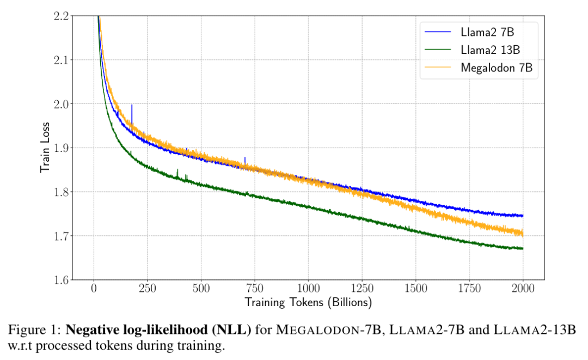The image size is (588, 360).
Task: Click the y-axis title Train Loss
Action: click(45, 148)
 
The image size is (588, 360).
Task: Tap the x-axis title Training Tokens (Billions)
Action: click(308, 301)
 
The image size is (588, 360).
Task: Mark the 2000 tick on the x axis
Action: click(523, 288)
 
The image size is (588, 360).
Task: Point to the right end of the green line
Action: click(523, 248)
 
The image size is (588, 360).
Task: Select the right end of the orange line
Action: click(523, 233)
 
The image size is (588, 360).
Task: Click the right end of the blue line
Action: click(523, 216)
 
